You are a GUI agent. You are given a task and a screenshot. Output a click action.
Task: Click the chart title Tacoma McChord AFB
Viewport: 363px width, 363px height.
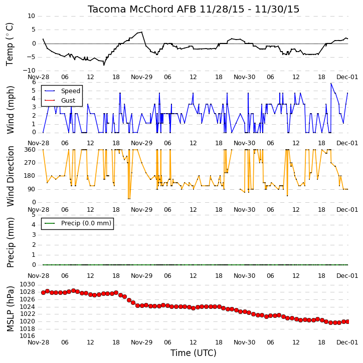click(142, 10)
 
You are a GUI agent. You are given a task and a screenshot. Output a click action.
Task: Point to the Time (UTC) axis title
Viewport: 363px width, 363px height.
click(194, 353)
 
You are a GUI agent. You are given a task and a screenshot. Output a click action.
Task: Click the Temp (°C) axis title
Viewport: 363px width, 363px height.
click(10, 44)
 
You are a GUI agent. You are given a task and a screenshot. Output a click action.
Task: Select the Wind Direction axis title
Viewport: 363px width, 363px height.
click(10, 176)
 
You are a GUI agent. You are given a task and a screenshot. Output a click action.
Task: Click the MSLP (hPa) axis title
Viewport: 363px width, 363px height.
click(10, 309)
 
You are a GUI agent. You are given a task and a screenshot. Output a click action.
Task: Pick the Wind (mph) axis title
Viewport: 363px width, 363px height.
click(10, 110)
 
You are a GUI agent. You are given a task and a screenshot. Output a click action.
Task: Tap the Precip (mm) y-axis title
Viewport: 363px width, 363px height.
click(10, 243)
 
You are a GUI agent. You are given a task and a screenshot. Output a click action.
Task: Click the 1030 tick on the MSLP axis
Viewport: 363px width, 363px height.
click(28, 284)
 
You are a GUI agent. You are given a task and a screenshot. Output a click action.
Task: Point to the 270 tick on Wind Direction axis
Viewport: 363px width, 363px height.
click(30, 163)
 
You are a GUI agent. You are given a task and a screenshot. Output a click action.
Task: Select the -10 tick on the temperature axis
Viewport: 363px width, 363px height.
click(29, 71)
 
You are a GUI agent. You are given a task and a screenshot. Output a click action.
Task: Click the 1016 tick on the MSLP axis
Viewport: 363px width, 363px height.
click(28, 336)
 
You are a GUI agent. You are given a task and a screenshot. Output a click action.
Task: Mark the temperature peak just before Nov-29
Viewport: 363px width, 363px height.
click(141, 32)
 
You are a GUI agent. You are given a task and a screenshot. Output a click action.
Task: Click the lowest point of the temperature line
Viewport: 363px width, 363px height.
click(104, 65)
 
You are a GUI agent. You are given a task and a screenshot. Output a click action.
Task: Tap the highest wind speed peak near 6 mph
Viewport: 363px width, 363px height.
click(331, 84)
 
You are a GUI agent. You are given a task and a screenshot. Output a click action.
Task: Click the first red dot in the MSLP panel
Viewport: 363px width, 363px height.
click(43, 292)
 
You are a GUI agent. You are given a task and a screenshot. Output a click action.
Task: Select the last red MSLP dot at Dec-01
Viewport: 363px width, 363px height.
click(347, 321)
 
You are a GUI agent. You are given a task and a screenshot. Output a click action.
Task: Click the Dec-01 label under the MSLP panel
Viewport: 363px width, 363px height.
click(347, 342)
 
